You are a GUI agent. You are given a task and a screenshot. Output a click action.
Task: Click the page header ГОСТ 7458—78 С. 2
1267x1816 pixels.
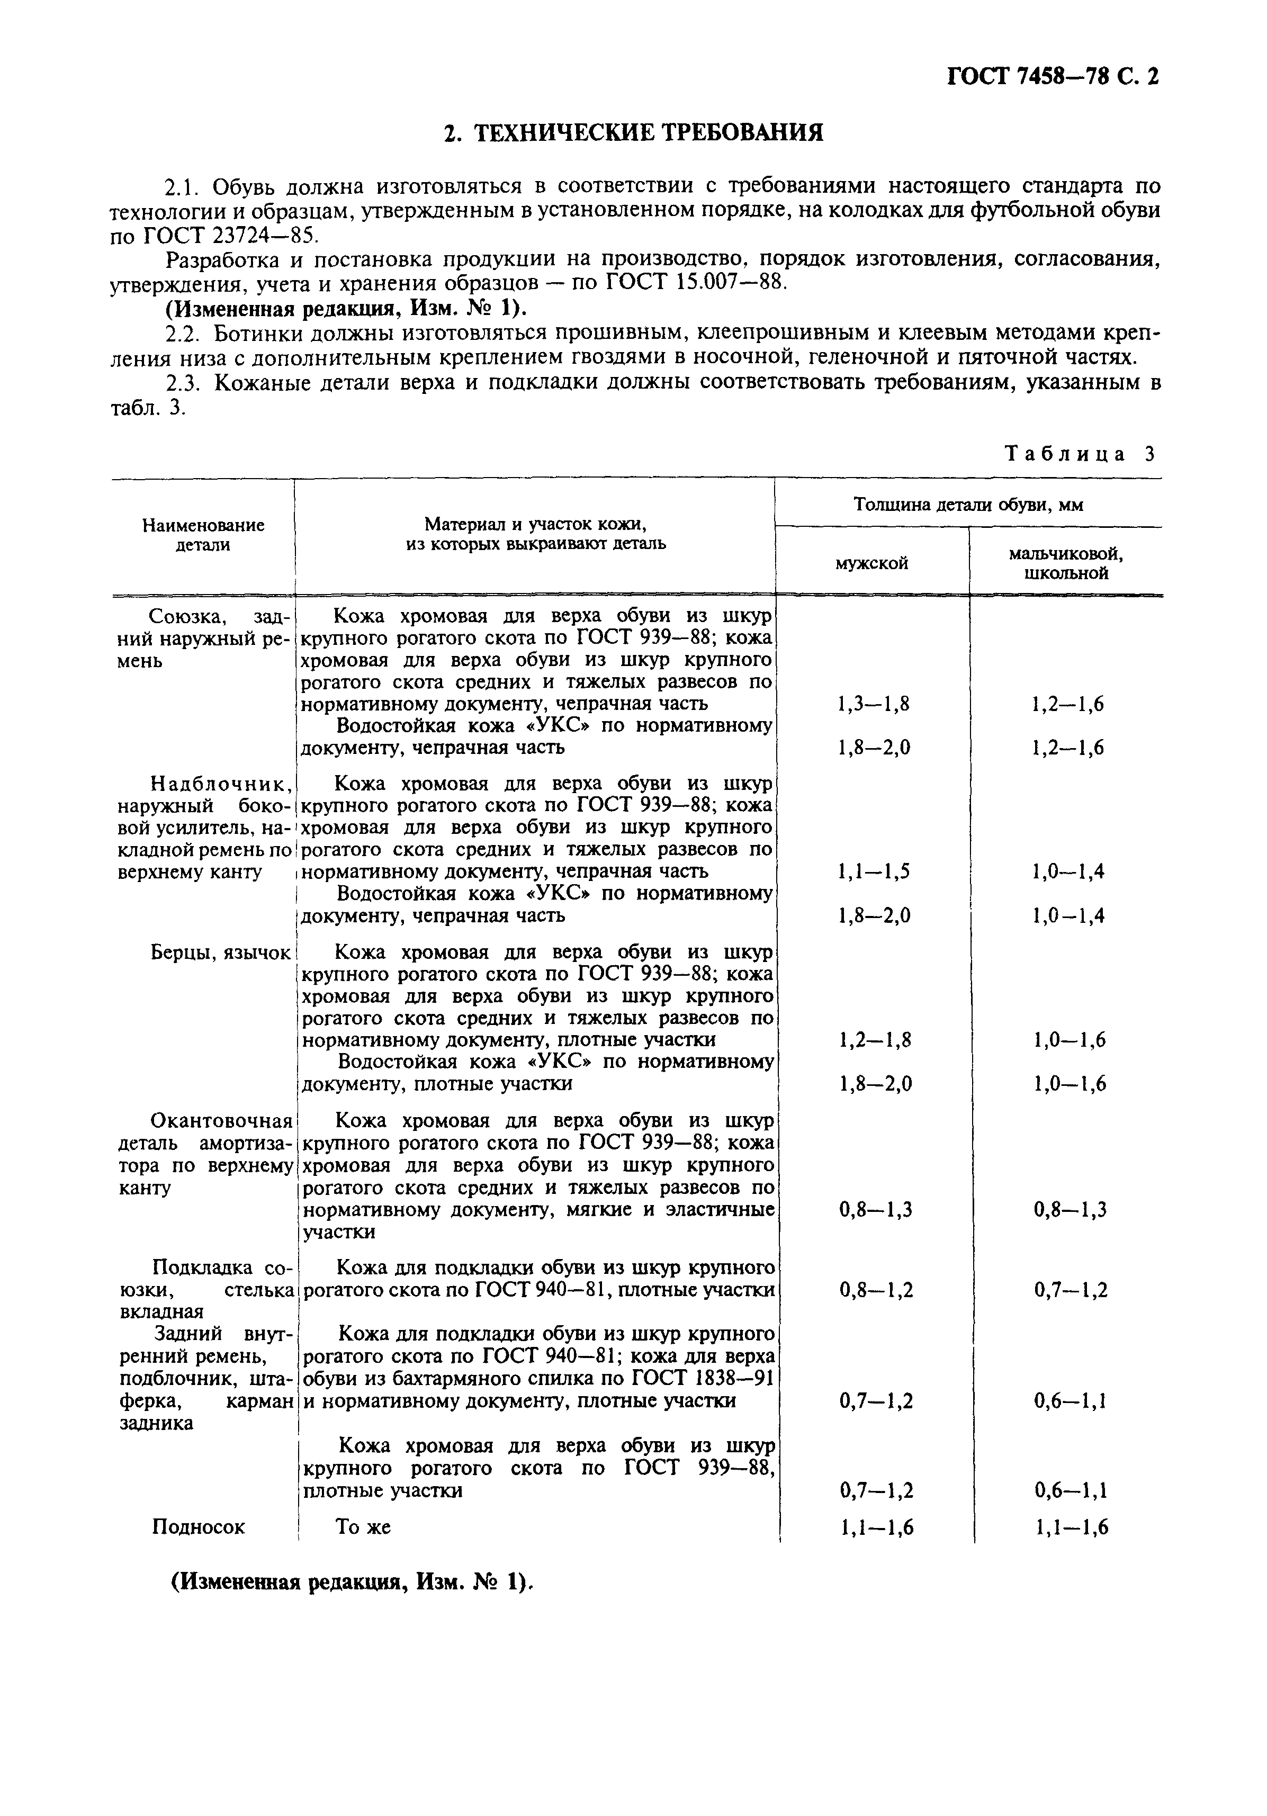click(x=1053, y=77)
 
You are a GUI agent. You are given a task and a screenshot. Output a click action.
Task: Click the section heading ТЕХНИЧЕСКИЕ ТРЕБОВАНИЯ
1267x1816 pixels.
click(x=633, y=132)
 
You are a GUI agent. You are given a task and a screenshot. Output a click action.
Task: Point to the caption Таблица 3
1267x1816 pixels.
click(x=1080, y=454)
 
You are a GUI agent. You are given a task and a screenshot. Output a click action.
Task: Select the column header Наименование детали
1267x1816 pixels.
click(x=203, y=535)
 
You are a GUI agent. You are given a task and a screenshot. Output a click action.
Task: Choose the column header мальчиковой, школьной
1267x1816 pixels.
click(x=1066, y=563)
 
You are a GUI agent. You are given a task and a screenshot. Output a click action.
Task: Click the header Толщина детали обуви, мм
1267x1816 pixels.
click(x=968, y=504)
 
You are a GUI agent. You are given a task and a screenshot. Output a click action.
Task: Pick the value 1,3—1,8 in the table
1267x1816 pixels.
click(x=873, y=704)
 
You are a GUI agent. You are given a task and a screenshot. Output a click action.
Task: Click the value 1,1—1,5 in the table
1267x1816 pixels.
click(x=873, y=871)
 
